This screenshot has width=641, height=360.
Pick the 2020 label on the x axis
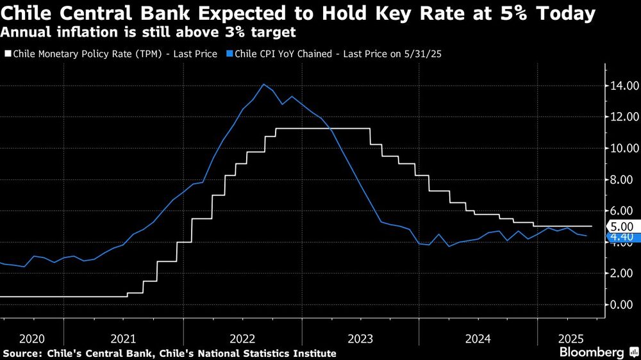click(x=32, y=338)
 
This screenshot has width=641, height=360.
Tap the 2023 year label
click(x=362, y=338)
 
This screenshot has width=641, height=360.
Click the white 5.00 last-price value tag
click(x=622, y=226)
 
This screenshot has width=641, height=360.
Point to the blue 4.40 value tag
click(x=622, y=238)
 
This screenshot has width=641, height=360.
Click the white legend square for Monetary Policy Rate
click(x=7, y=54)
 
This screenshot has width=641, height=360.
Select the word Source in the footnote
click(x=19, y=353)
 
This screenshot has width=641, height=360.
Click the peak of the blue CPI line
click(x=263, y=85)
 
